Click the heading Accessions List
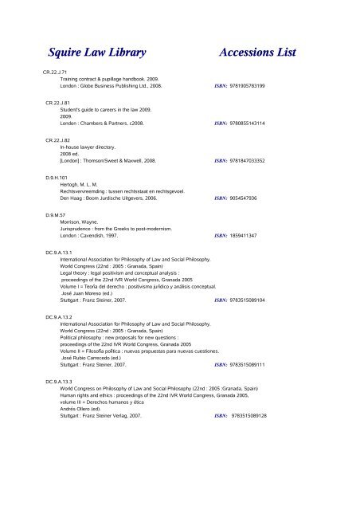[x=256, y=53]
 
